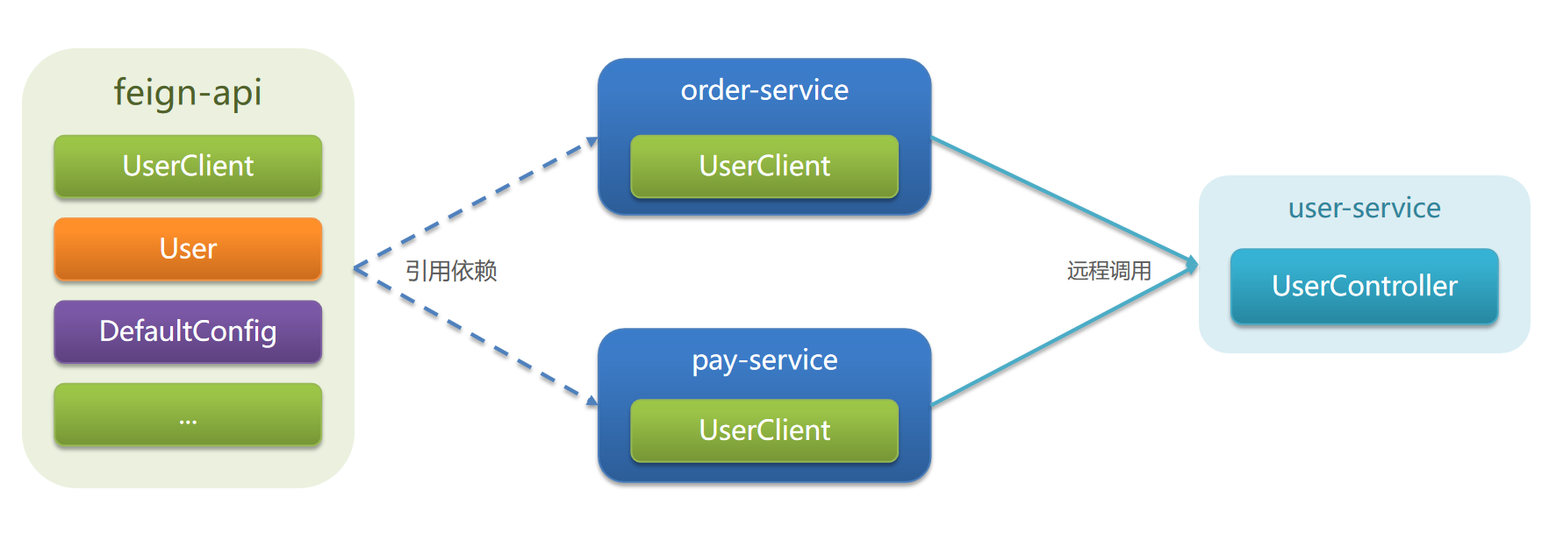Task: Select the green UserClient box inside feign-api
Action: [x=188, y=166]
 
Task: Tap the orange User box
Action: [x=188, y=249]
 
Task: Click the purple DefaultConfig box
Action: [x=188, y=331]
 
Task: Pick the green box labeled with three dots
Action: [x=188, y=415]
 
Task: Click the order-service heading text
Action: [x=764, y=90]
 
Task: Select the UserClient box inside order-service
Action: [x=764, y=166]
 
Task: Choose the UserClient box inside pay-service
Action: [x=764, y=430]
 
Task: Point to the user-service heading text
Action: [x=1365, y=208]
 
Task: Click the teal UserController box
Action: [x=1365, y=286]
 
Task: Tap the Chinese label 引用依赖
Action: [x=451, y=271]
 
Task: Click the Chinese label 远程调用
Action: [x=1109, y=271]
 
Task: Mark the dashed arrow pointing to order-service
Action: [x=475, y=203]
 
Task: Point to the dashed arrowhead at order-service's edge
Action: [x=592, y=141]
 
